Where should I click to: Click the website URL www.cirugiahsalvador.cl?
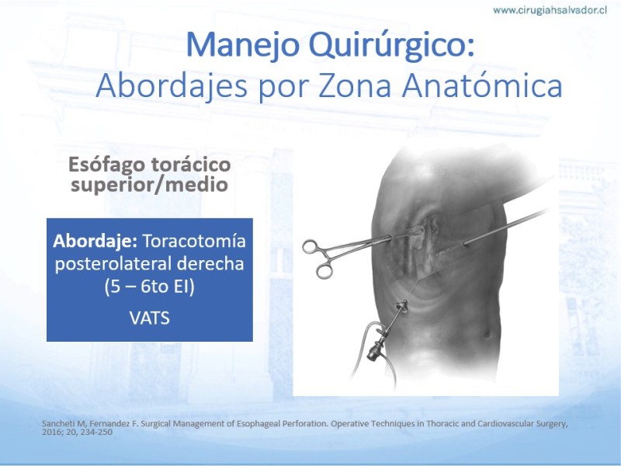tap(550, 10)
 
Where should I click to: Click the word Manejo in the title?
tap(242, 45)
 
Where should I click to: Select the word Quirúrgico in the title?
tap(392, 46)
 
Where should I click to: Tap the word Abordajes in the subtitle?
tap(172, 85)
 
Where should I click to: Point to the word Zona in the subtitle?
tap(355, 86)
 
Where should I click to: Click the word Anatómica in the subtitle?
tap(482, 85)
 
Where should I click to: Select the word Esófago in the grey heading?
tap(104, 165)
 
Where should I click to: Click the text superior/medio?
tap(149, 185)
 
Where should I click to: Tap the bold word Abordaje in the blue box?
tap(95, 242)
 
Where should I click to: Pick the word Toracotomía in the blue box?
tap(194, 241)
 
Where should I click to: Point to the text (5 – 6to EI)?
tap(150, 287)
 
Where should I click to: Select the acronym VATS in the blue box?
tap(150, 318)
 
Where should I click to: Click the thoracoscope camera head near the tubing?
tap(374, 351)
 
